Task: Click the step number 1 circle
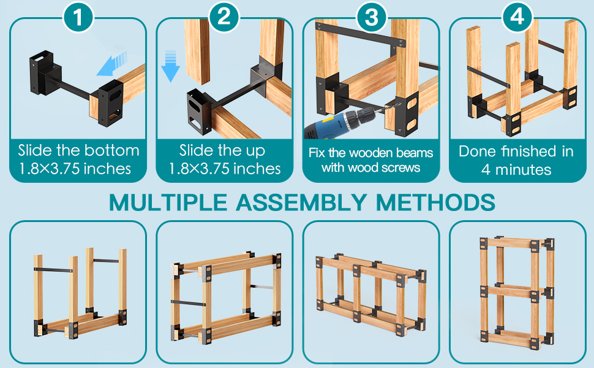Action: tap(78, 17)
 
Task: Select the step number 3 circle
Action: tap(371, 17)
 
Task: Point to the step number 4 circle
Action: tap(517, 17)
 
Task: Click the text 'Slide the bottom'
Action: tap(78, 150)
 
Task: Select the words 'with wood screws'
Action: tap(371, 167)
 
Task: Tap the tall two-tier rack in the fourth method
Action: tap(517, 289)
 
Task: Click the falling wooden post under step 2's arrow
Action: tap(197, 52)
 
